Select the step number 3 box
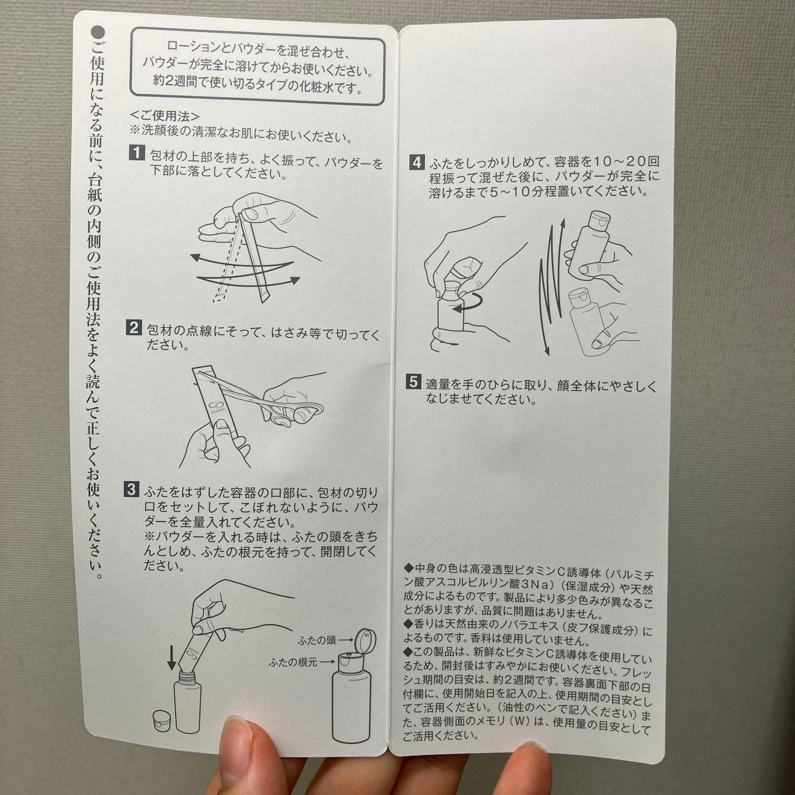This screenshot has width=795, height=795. pyautogui.click(x=131, y=490)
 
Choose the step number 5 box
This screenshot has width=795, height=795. pyautogui.click(x=413, y=382)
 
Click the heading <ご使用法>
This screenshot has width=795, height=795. pyautogui.click(x=165, y=116)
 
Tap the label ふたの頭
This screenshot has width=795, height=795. pyautogui.click(x=317, y=640)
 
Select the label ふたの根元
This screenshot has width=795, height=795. pyautogui.click(x=293, y=662)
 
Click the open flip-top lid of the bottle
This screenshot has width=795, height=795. pyautogui.click(x=366, y=639)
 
